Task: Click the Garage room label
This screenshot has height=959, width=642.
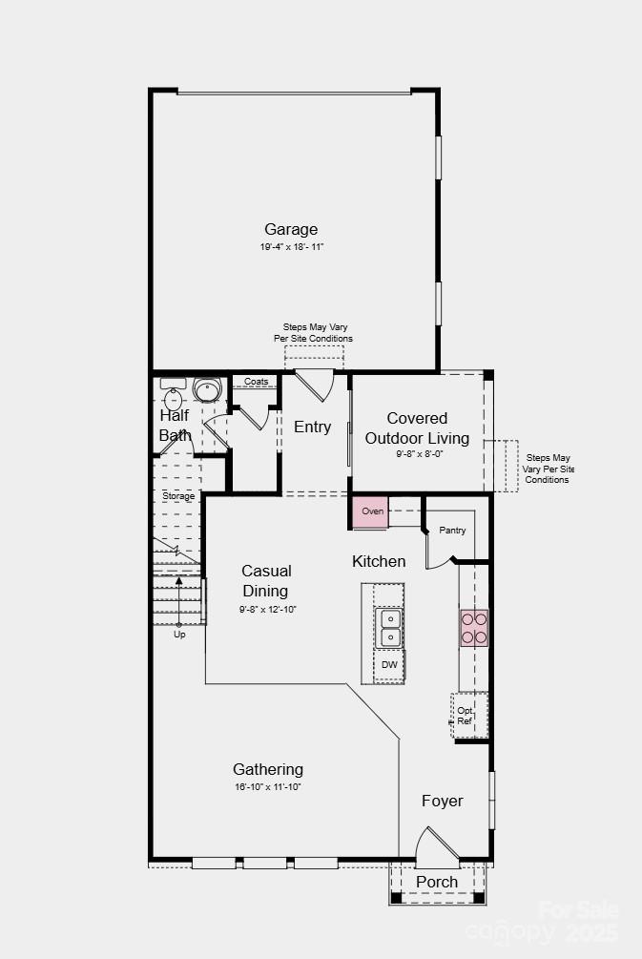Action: pos(291,229)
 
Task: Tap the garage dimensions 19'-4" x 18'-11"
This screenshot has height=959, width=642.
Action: pos(291,247)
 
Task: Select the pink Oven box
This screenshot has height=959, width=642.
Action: pos(372,511)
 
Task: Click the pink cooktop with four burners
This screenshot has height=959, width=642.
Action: pos(474,628)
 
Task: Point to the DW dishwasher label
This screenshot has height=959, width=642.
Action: pos(389,664)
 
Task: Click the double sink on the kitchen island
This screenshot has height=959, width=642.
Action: pos(389,627)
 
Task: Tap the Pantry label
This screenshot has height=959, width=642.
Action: pos(452,530)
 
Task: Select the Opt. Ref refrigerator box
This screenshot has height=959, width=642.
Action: pos(466,716)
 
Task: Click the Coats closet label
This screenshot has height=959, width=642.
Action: pos(256,382)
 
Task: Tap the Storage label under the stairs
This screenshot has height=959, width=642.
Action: pos(178,496)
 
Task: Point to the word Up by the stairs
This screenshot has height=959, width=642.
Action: pos(179,635)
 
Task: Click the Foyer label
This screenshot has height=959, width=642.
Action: pos(443,801)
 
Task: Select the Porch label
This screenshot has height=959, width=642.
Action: pos(437,882)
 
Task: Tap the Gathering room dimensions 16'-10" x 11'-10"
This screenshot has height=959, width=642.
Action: pos(268,787)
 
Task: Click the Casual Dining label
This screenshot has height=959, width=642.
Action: pos(267,580)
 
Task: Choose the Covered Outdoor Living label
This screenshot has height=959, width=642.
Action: pos(418,427)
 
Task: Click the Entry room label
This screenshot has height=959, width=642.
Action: pos(312,427)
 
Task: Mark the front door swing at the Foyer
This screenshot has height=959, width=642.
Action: pos(436,844)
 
